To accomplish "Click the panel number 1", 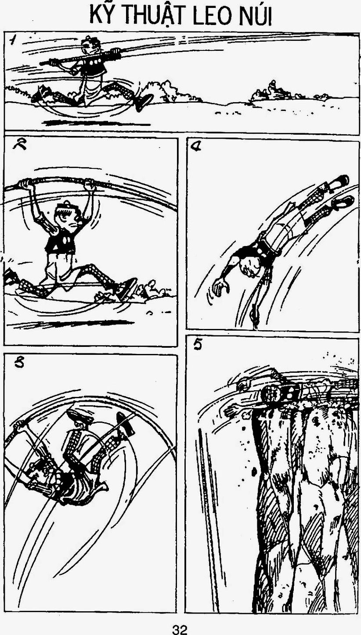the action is pyautogui.click(x=13, y=40).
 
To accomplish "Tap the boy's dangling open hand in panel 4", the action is pyautogui.click(x=220, y=288).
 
